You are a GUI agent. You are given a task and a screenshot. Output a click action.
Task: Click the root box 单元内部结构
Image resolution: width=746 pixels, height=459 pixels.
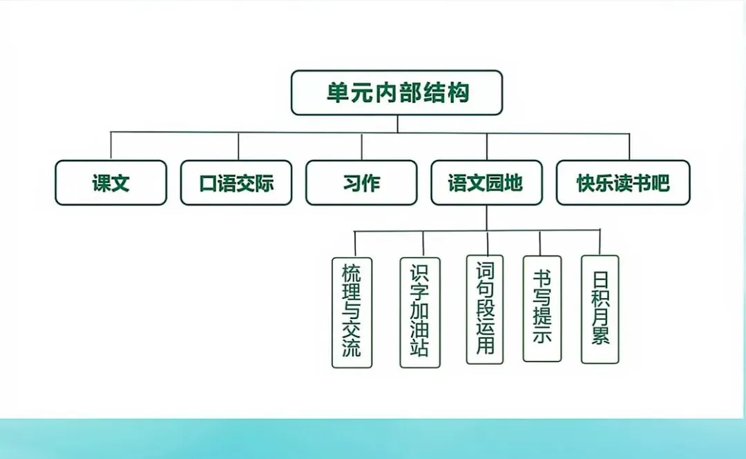pyautogui.click(x=396, y=92)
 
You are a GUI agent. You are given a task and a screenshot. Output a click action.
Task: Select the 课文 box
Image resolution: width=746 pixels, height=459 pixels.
pyautogui.click(x=111, y=183)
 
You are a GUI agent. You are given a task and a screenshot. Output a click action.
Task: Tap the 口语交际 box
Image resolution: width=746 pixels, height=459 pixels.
pyautogui.click(x=236, y=183)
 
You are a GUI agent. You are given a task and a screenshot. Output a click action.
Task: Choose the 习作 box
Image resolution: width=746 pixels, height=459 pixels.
pyautogui.click(x=361, y=183)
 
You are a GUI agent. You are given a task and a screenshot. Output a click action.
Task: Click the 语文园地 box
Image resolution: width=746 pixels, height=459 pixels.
pyautogui.click(x=486, y=183)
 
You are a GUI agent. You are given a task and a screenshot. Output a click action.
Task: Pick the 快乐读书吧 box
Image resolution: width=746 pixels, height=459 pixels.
pyautogui.click(x=623, y=183)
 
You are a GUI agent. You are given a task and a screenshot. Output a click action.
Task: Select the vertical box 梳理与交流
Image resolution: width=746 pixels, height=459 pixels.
pyautogui.click(x=352, y=312)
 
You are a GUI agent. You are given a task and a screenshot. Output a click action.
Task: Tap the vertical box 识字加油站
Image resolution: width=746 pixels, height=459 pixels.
pyautogui.click(x=420, y=312)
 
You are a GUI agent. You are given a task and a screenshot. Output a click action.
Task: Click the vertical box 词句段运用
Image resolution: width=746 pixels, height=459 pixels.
pyautogui.click(x=486, y=309)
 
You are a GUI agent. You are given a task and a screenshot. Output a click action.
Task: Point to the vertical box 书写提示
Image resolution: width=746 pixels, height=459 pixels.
pyautogui.click(x=542, y=309)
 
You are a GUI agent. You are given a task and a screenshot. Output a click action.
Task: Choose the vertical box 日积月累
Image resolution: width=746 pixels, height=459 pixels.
pyautogui.click(x=600, y=309)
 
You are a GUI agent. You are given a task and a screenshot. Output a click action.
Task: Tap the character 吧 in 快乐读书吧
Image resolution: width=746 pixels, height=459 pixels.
pyautogui.click(x=660, y=183)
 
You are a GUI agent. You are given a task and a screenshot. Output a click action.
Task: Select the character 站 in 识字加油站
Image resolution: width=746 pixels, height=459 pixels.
pyautogui.click(x=420, y=347)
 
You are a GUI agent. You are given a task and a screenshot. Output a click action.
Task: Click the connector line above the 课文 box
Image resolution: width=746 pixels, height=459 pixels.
pyautogui.click(x=111, y=146)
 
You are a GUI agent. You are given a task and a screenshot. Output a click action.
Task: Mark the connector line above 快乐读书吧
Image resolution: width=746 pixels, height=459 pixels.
pyautogui.click(x=629, y=146)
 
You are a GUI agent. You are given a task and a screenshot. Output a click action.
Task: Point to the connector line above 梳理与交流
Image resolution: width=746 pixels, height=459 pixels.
pyautogui.click(x=355, y=244)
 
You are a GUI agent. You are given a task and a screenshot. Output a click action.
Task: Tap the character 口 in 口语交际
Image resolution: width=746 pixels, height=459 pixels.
pyautogui.click(x=207, y=184)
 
